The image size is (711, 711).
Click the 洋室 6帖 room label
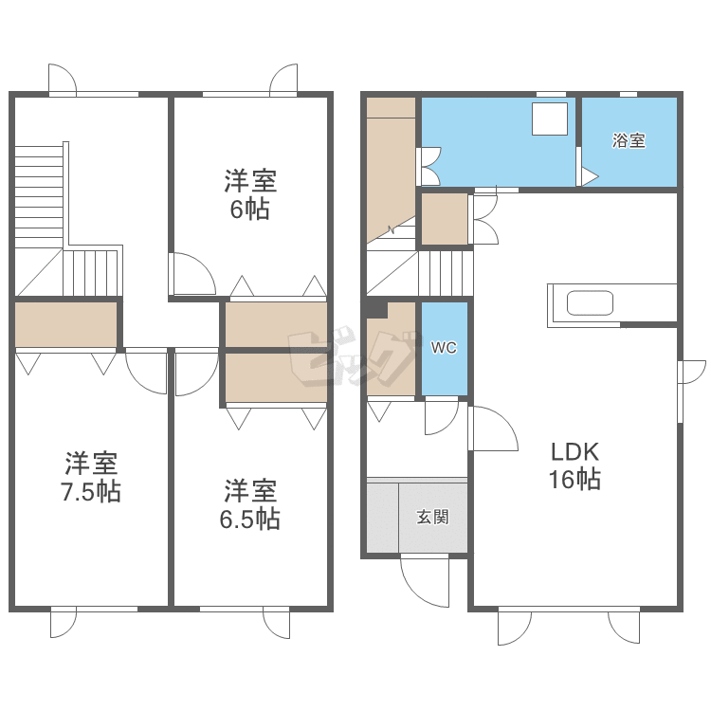click(250, 195)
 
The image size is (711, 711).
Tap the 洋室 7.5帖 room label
click(91, 477)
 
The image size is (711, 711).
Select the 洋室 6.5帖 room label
click(250, 504)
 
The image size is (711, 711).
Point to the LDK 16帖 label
click(575, 465)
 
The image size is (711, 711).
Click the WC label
click(444, 347)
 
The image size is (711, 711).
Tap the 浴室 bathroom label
click(629, 140)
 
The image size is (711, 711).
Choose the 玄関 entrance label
click(433, 517)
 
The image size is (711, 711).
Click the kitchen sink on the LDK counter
click(590, 303)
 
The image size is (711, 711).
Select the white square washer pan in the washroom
click(550, 118)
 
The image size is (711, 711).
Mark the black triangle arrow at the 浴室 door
click(590, 176)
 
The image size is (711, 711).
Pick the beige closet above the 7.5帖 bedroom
click(66, 324)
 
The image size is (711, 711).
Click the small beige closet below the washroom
click(445, 219)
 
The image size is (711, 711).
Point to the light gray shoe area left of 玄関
click(383, 518)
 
